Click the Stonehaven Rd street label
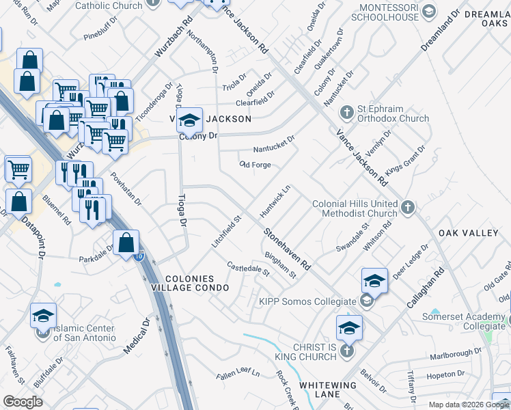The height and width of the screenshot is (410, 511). [x=288, y=248]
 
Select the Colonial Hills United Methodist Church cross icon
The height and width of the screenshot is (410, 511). [x=408, y=206]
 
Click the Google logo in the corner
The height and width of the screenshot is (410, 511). [x=23, y=402]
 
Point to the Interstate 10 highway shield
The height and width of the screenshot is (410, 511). [x=139, y=257]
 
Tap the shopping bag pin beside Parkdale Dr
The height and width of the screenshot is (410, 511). [x=126, y=243]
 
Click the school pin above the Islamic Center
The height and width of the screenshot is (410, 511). [x=43, y=316]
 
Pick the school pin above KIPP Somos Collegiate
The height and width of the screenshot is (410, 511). [x=374, y=280]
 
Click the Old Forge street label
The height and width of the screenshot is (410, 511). [x=255, y=165]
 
